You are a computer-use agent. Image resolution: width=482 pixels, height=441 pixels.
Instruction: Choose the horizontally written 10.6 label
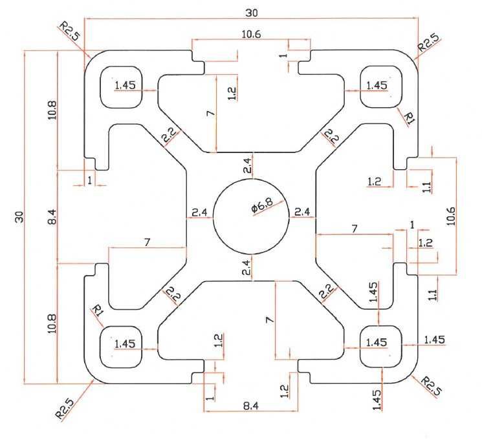point(251,35)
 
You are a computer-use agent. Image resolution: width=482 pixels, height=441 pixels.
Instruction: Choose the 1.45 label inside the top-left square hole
point(124,85)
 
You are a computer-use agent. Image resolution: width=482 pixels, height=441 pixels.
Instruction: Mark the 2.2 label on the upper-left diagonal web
point(167,136)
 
